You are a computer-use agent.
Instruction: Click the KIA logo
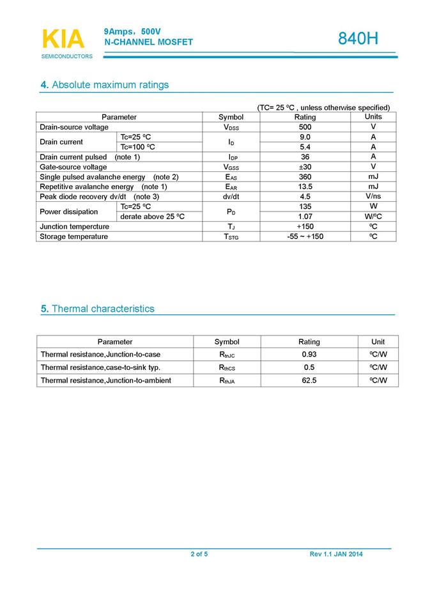coord(63,40)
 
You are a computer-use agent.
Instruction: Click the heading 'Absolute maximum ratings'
coord(105,85)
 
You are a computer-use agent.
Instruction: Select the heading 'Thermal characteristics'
coord(97,309)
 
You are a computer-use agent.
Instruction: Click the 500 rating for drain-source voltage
coord(305,127)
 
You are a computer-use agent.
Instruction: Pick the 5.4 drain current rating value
coord(305,147)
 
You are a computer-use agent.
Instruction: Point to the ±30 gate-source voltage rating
coord(305,167)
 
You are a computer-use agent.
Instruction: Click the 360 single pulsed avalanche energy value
coord(305,177)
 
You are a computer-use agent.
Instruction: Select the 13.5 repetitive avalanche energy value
coord(305,187)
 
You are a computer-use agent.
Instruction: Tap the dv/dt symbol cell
coord(231,197)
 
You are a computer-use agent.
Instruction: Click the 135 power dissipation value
coord(305,206)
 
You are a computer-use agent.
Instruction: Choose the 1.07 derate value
coord(305,217)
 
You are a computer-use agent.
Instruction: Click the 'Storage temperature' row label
coord(73,236)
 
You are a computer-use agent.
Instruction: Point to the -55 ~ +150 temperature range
coord(305,236)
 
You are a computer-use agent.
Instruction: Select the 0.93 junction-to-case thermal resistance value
coord(309,354)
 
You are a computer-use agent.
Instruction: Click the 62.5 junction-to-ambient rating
coord(309,380)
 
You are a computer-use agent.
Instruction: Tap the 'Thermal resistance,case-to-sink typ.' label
coord(100,367)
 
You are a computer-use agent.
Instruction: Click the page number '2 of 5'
coord(199,554)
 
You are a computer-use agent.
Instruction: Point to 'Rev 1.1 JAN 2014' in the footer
coord(335,554)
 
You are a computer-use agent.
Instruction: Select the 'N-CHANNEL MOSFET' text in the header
coord(148,42)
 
